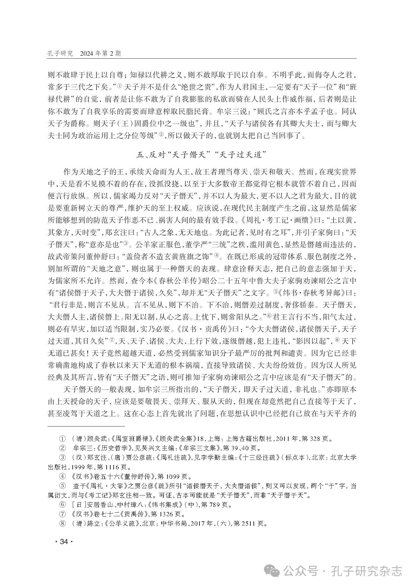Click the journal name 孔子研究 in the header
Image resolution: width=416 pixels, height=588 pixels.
click(60, 54)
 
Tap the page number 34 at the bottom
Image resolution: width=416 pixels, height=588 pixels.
click(63, 542)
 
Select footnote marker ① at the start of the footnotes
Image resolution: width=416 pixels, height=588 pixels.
click(62, 438)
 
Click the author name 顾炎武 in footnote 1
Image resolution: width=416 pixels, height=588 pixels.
click(95, 438)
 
